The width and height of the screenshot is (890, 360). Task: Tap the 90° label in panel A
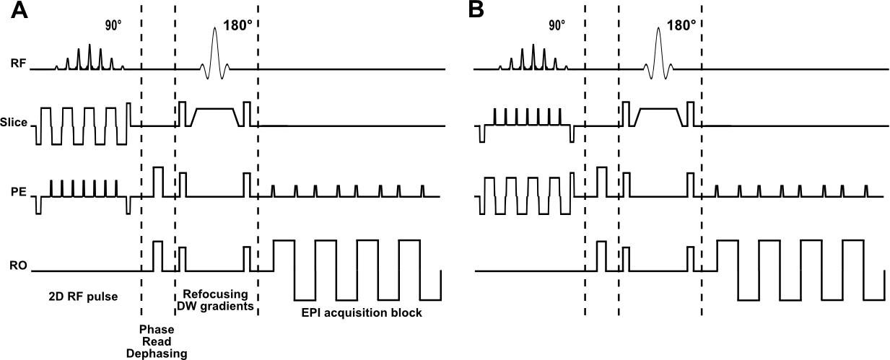[x=113, y=25]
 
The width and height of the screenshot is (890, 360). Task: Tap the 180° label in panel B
[x=681, y=24]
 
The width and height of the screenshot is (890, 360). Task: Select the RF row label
[x=19, y=64]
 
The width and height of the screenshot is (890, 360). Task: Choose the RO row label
[x=19, y=266]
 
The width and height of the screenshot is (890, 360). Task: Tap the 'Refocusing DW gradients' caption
[x=215, y=300]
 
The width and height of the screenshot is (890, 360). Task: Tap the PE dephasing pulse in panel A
[x=158, y=181]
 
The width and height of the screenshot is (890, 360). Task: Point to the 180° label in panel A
[x=237, y=24]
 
